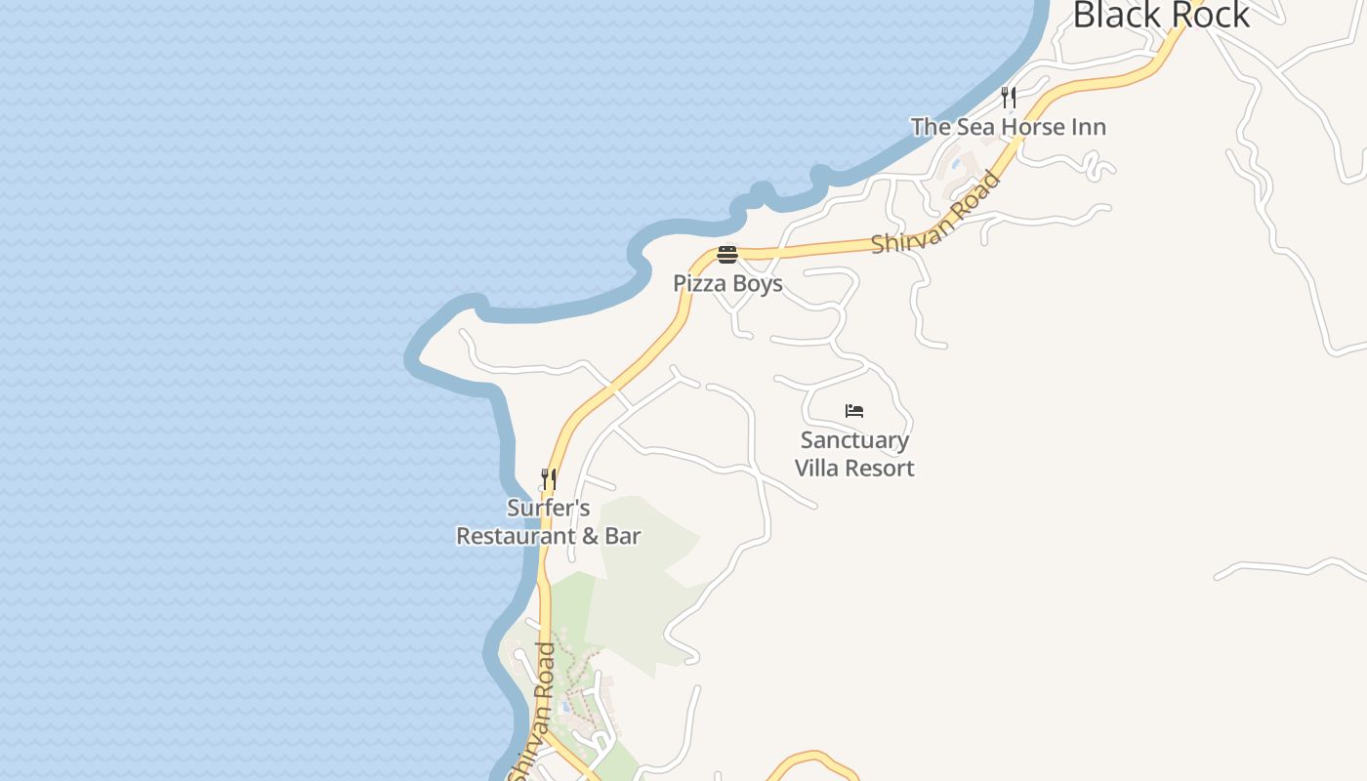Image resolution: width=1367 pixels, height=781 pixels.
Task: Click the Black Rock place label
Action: click(x=1161, y=15)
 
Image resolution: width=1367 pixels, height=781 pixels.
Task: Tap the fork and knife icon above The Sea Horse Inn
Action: click(x=1009, y=97)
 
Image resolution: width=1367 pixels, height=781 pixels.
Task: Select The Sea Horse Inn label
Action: click(x=1009, y=127)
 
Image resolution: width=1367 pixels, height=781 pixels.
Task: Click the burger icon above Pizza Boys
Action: click(x=727, y=256)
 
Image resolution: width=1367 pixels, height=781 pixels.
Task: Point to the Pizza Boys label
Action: click(x=727, y=284)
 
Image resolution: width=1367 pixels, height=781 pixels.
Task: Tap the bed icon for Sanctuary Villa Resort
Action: click(x=854, y=411)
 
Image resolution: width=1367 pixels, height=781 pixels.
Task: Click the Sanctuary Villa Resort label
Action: click(x=854, y=454)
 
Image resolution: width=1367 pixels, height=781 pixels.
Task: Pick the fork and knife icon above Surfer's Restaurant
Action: click(x=549, y=479)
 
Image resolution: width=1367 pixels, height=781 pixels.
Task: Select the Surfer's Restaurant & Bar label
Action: click(x=549, y=522)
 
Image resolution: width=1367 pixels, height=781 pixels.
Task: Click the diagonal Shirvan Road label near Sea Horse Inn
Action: click(x=937, y=215)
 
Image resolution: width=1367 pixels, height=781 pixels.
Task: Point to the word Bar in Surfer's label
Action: click(x=622, y=536)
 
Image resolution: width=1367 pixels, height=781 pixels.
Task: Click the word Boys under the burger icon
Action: click(x=758, y=284)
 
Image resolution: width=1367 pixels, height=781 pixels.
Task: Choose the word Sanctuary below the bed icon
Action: click(x=854, y=441)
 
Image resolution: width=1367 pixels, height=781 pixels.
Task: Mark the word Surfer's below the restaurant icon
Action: click(x=549, y=509)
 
